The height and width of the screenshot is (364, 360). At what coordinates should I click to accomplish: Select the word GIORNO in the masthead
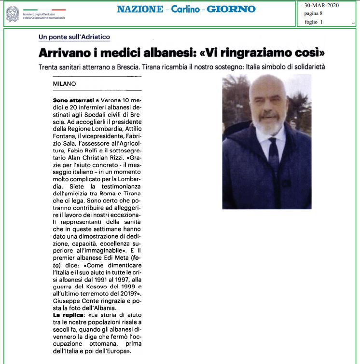(x=232, y=9)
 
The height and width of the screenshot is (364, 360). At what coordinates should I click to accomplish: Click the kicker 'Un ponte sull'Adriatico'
(x=74, y=37)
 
